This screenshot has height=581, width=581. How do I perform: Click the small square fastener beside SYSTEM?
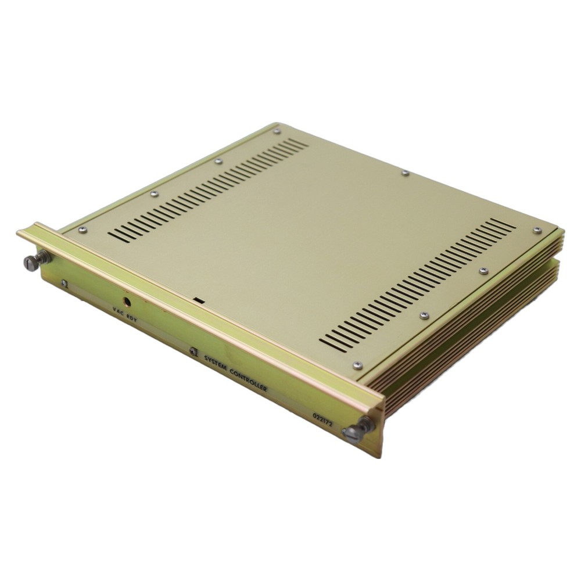pyautogui.click(x=193, y=352)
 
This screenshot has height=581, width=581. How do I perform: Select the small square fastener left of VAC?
pyautogui.click(x=64, y=283)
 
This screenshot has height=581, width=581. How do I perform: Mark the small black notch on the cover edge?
pyautogui.click(x=199, y=301)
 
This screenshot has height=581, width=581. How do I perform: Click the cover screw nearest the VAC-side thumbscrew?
pyautogui.click(x=83, y=229)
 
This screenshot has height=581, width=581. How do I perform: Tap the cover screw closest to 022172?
pyautogui.click(x=357, y=365)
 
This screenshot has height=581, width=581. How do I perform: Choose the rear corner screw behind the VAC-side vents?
pyautogui.click(x=277, y=131)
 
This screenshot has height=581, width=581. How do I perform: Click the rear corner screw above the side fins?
pyautogui.click(x=537, y=231)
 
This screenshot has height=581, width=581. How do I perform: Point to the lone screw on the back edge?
pyautogui.click(x=405, y=173)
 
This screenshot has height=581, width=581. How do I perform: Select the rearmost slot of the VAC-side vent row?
pyautogui.click(x=302, y=142)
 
